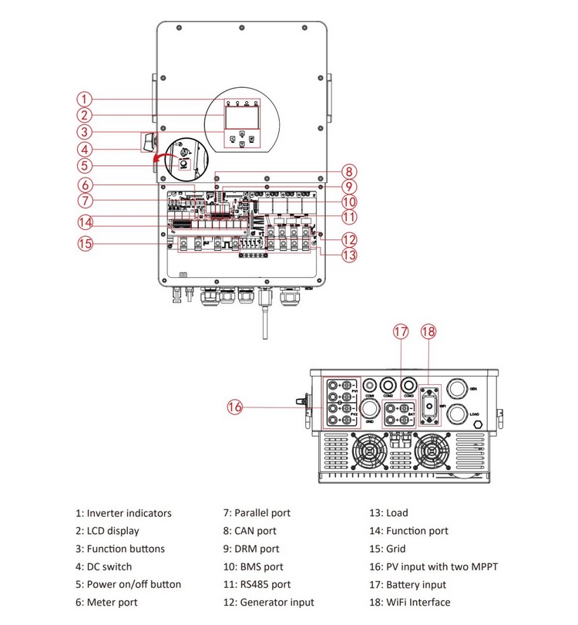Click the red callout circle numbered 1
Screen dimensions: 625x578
[85, 99]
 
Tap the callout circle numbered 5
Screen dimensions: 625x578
[85, 164]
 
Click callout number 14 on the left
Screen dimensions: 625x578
[85, 223]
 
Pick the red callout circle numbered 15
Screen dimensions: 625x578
[85, 244]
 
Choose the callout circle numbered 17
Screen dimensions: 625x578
[401, 332]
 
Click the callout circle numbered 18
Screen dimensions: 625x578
[430, 332]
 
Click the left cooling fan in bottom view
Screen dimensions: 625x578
[369, 449]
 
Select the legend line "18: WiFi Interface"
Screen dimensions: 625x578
[409, 603]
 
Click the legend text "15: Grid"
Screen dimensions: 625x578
[388, 549]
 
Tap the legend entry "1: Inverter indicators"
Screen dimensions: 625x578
[123, 513]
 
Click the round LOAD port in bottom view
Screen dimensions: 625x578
[457, 414]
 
